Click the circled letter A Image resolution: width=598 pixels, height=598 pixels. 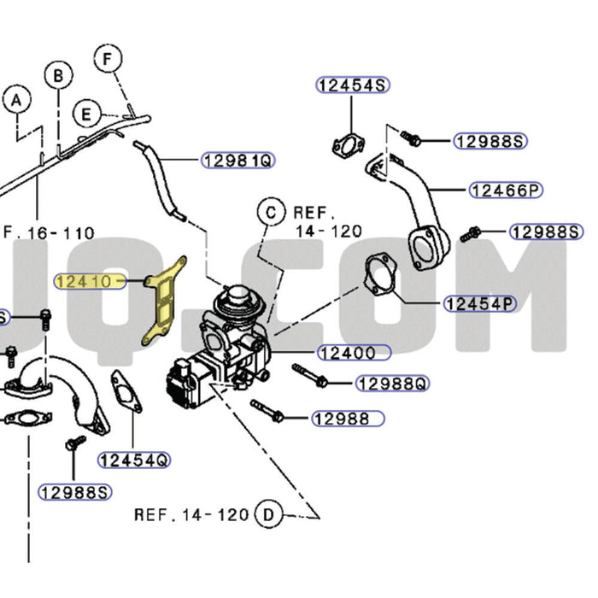tap(15, 101)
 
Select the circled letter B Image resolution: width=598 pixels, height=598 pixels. tap(58, 76)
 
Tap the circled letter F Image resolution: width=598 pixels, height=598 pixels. tap(108, 59)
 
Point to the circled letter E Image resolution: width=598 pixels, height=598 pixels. tap(85, 113)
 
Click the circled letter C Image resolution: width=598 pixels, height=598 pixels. tap(271, 211)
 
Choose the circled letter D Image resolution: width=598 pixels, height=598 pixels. tap(268, 514)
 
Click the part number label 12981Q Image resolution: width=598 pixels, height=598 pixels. tap(238, 160)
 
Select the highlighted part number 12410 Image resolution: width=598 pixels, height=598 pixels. tap(90, 279)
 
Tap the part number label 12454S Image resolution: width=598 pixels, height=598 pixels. tap(353, 85)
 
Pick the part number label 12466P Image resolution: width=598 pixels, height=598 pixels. tap(506, 190)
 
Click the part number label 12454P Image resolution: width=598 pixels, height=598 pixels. tap(480, 303)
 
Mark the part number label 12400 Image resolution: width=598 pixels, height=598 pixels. tap(353, 351)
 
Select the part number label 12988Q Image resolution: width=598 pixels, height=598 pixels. tap(391, 384)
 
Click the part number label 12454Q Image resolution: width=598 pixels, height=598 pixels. tap(134, 460)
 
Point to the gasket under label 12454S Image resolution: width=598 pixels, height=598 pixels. tap(346, 148)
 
